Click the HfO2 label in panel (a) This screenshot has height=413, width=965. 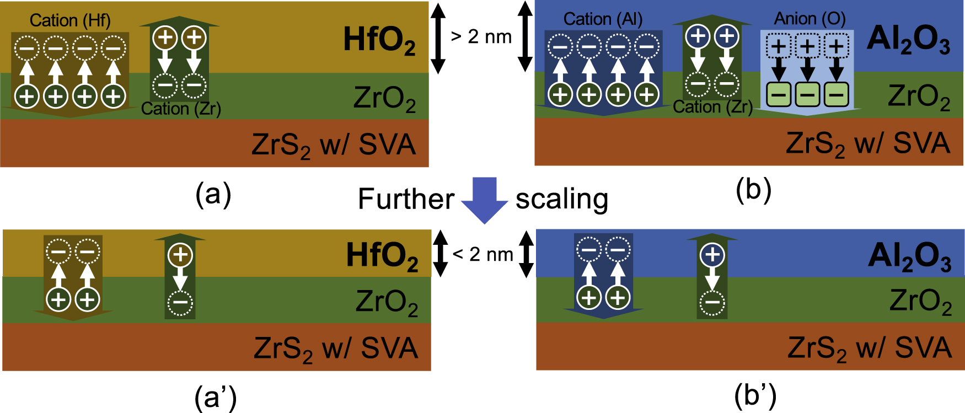pos(379,41)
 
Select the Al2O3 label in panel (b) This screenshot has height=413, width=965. pos(908,40)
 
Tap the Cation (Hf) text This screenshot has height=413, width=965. pos(70,20)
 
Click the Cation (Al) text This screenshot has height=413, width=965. pos(603,19)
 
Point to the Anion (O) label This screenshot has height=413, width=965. pos(809,19)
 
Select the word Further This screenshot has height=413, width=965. pos(406,199)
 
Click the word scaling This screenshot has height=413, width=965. pos(561,199)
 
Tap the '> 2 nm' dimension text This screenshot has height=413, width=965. pos(481,37)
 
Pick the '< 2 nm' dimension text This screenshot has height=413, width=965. pos(482,254)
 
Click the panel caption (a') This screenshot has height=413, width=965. pos(216,397)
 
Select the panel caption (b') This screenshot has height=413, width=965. pos(755,395)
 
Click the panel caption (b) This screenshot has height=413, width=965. pos(753,190)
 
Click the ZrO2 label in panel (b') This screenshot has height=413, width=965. pos(920,302)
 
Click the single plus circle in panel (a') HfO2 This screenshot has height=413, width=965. pos(180,255)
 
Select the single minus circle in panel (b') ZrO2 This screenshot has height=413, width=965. pos(712,302)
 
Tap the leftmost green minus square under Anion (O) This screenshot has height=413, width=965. pos(778,95)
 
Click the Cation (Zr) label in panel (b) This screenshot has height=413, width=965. pos(712,107)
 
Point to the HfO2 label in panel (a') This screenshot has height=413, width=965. pos(382,256)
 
